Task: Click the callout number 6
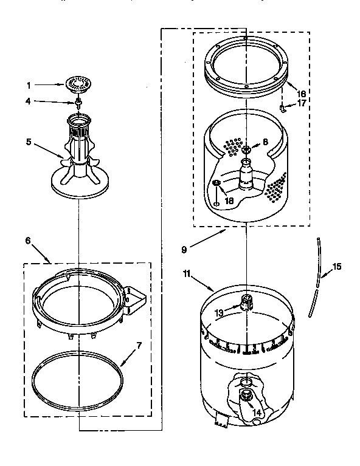point(27,241)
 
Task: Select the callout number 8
point(265,142)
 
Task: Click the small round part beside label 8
point(247,149)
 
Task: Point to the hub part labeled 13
point(247,301)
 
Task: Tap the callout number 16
point(300,94)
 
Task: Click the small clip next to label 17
point(284,106)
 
